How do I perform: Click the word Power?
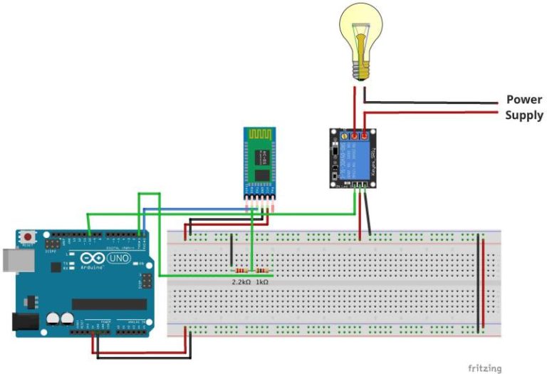pyautogui.click(x=524, y=100)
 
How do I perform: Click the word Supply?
pyautogui.click(x=524, y=115)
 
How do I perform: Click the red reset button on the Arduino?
pyautogui.click(x=28, y=236)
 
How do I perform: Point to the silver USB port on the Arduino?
pyautogui.click(x=10, y=261)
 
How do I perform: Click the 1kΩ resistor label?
pyautogui.click(x=262, y=283)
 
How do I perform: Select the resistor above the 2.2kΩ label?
pyautogui.click(x=243, y=271)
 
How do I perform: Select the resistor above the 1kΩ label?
pyautogui.click(x=262, y=271)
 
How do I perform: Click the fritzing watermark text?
pyautogui.click(x=484, y=368)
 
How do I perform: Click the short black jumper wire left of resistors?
pyautogui.click(x=231, y=252)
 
